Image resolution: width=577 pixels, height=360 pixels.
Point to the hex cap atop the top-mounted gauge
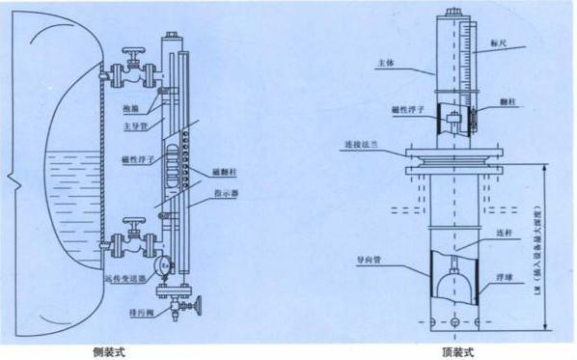click(x=454, y=14)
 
